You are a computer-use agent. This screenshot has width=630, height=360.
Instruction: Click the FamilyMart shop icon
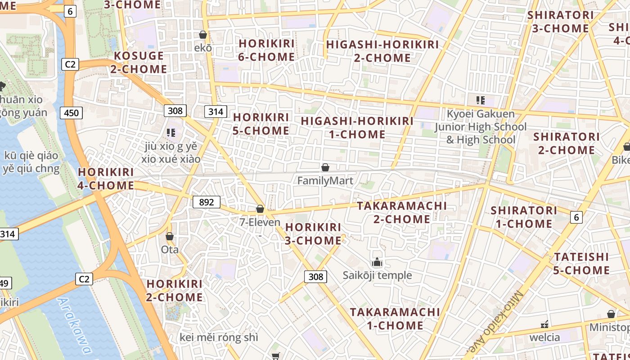[x=325, y=168]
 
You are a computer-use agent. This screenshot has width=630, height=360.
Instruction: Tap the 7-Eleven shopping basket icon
[x=260, y=209]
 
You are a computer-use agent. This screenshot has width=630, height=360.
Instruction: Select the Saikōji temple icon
[x=377, y=262]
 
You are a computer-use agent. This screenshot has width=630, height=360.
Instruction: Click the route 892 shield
[x=207, y=202]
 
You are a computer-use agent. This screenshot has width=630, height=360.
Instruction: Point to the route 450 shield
[x=72, y=112]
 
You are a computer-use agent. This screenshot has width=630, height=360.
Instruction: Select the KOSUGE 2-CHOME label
[x=139, y=63]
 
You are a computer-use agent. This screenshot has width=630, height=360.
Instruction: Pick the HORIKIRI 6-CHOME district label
[x=267, y=50]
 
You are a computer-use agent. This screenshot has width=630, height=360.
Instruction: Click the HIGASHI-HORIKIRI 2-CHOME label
[x=382, y=51]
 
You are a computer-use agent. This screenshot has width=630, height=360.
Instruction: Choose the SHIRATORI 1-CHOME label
[x=524, y=217]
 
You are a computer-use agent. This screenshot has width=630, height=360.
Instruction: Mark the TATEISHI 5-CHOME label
[x=581, y=263]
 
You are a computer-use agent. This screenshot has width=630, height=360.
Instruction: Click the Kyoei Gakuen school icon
[x=480, y=100]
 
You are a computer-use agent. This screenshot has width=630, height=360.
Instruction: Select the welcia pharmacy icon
[x=544, y=324]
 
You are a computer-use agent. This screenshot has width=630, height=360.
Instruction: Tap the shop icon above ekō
[x=203, y=35]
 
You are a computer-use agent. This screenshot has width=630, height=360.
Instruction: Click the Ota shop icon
[x=170, y=236]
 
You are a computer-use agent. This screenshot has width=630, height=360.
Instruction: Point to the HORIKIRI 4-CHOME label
[x=106, y=179]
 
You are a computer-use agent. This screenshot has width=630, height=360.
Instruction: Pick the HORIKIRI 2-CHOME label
[x=175, y=290]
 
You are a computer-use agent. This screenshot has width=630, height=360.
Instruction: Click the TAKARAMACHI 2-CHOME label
[x=402, y=212]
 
